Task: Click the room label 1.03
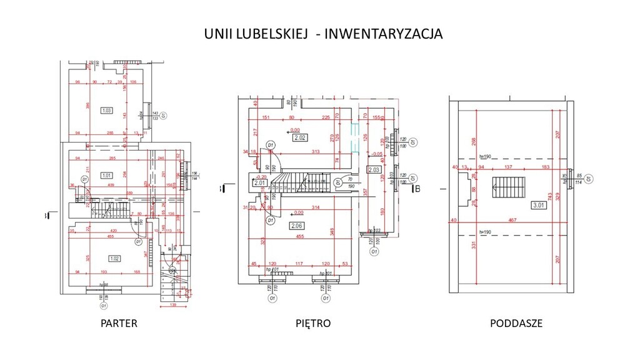[106, 111]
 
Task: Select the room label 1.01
[106, 176]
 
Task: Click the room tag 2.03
[374, 169]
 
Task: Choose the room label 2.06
[296, 225]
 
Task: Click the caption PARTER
[119, 324]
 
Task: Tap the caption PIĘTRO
[313, 324]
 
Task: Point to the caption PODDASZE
[516, 324]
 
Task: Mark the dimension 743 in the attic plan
[550, 195]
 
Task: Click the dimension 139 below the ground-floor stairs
[172, 304]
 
